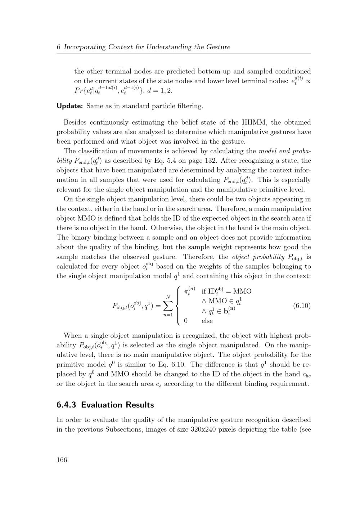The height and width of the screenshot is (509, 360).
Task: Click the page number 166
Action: pyautogui.click(x=62, y=460)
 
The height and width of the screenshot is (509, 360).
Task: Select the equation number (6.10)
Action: pyautogui.click(x=302, y=306)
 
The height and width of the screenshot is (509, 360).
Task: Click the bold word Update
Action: pyautogui.click(x=70, y=106)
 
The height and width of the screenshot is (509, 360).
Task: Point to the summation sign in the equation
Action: pyautogui.click(x=168, y=306)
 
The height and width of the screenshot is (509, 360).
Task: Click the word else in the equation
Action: pyautogui.click(x=207, y=321)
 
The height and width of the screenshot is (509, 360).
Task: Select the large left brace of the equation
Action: pyautogui.click(x=178, y=306)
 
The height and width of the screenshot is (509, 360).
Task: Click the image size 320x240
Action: pyautogui.click(x=203, y=429)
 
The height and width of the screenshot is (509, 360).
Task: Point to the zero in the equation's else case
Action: pyautogui.click(x=185, y=321)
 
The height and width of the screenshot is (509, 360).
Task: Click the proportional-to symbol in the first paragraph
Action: pyautogui.click(x=308, y=81)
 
